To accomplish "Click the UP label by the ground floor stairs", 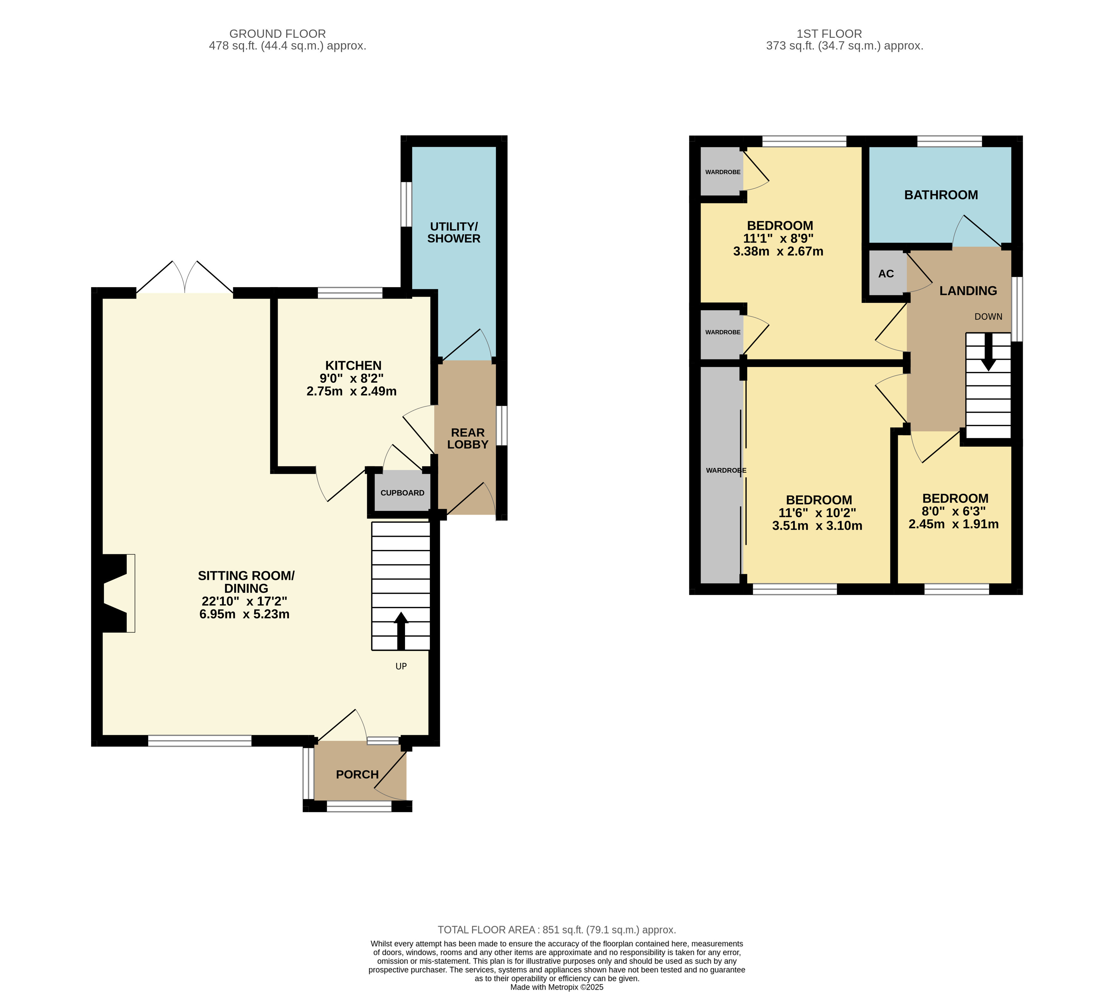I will point(401,666).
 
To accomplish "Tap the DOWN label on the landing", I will point(988,317).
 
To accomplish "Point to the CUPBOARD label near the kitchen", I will point(402,493).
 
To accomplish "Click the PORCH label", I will point(357,774).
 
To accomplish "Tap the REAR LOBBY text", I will point(467,439).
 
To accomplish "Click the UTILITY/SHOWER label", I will point(454,233).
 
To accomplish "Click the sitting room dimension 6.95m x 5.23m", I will point(244,614).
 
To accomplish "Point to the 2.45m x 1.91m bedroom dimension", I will point(953,524).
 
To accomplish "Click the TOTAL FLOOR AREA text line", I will point(557,930).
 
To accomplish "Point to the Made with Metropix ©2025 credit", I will point(557,987).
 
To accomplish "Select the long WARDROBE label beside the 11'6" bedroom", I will point(726,470).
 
